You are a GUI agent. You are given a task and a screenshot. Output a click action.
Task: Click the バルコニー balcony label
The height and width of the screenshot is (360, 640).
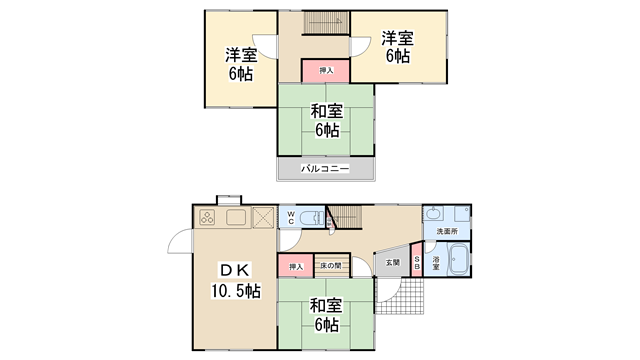(325, 170)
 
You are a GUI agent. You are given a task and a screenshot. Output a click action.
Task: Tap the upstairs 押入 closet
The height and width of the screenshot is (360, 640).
(326, 70)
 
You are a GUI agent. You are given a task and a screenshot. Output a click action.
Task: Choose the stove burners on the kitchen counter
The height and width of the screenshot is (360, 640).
(209, 217)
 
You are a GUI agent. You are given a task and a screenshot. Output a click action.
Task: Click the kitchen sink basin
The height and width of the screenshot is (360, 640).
(237, 217)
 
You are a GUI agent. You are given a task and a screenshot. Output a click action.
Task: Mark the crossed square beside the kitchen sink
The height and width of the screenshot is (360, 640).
(263, 217)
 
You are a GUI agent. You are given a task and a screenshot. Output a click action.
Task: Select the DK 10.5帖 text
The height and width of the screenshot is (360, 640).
(235, 281)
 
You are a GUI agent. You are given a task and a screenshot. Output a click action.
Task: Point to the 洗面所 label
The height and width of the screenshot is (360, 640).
(446, 232)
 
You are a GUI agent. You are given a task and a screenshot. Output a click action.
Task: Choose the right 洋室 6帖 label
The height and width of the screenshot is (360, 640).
(397, 48)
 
